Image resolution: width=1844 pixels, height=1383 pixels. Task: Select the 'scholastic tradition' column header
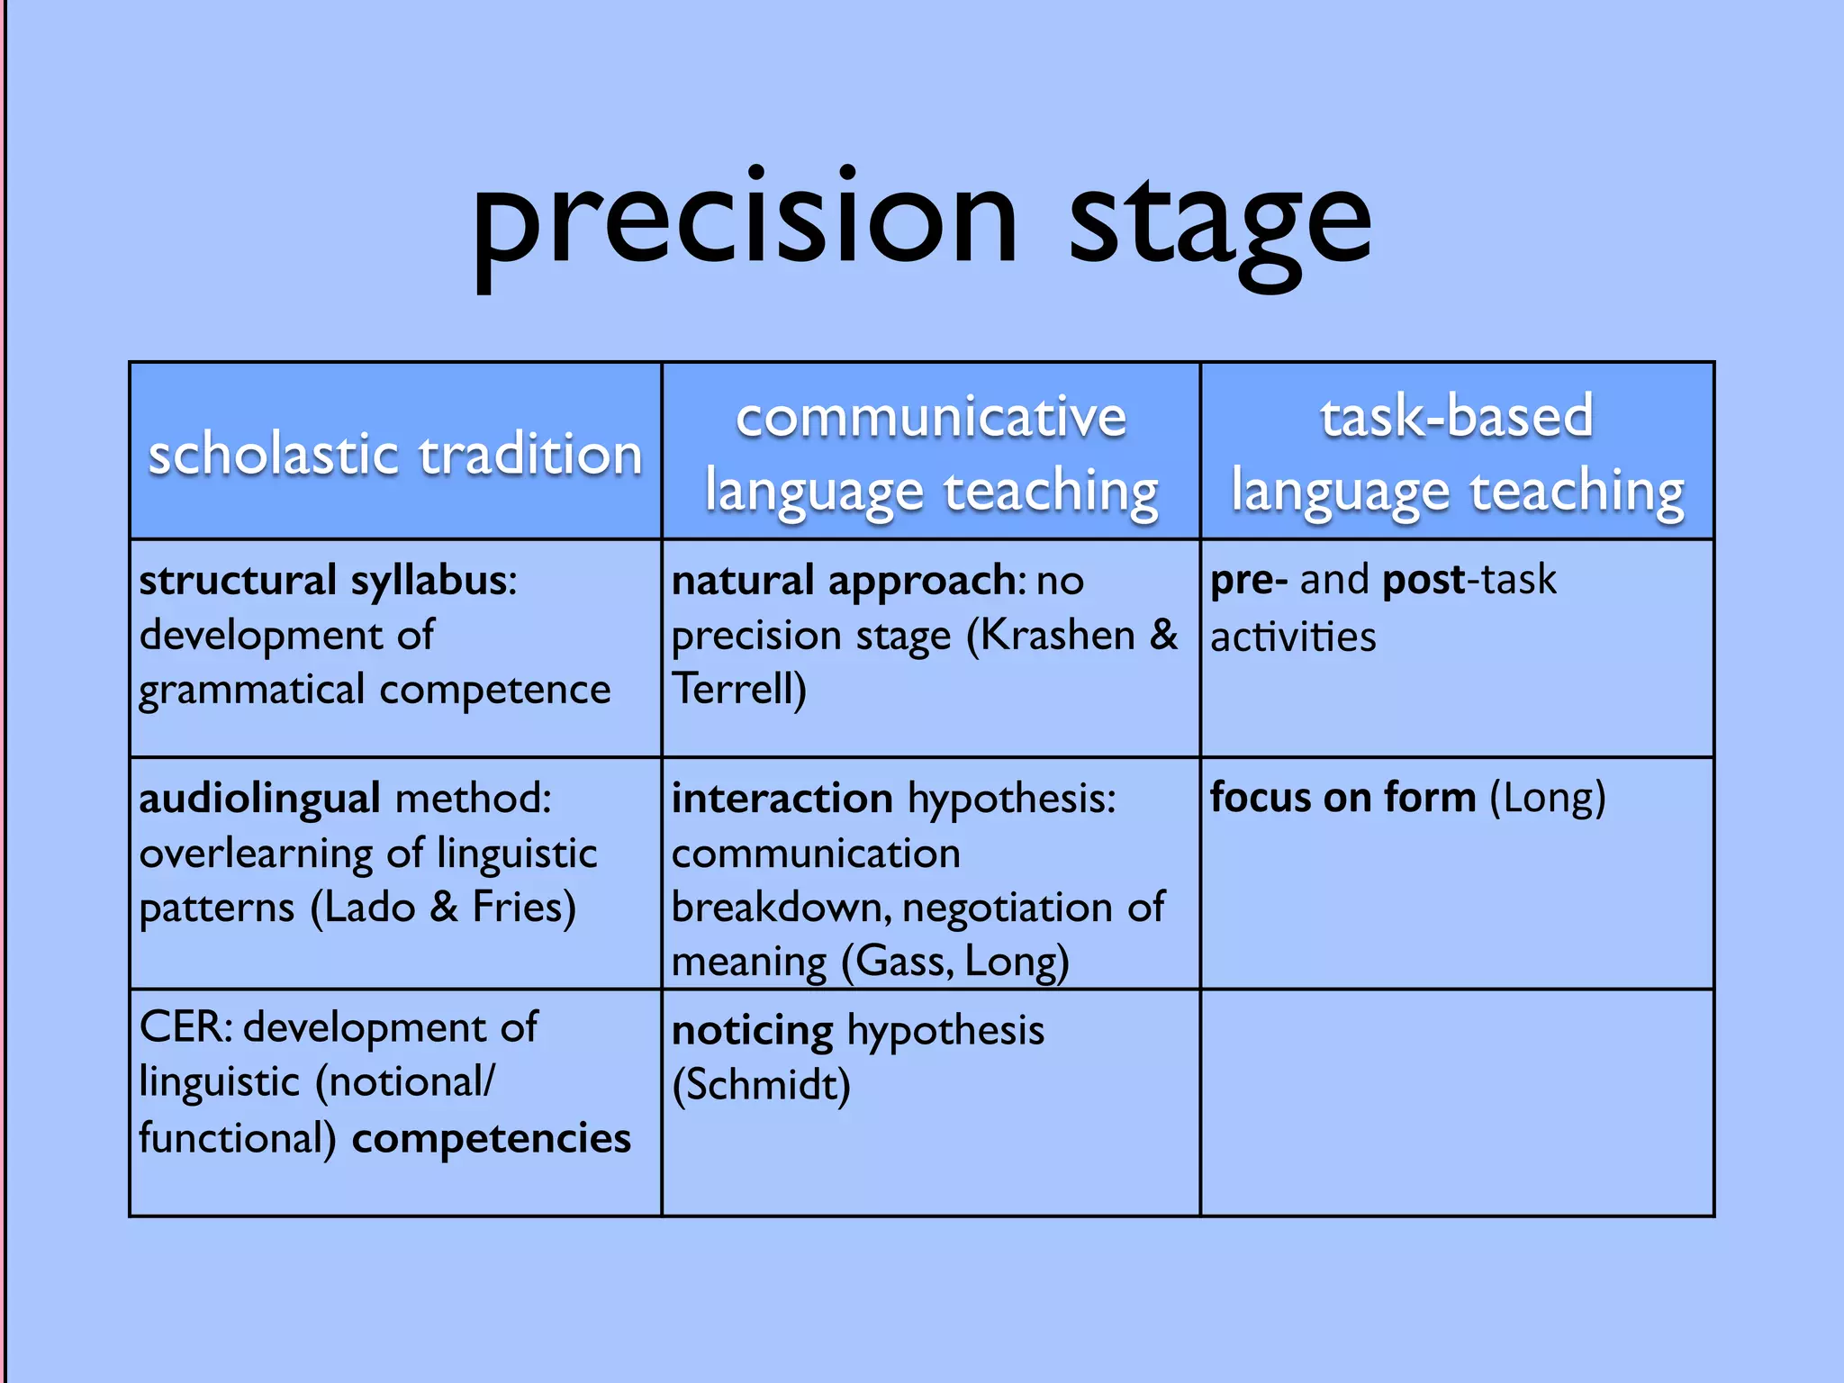point(395,454)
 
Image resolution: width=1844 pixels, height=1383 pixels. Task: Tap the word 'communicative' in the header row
point(931,417)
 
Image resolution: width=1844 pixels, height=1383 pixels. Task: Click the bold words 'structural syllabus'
point(322,581)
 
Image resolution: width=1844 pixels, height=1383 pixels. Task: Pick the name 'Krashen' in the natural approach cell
point(1057,636)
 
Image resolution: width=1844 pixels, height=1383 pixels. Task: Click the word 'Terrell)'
point(739,690)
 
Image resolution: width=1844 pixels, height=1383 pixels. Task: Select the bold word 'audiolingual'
point(260,800)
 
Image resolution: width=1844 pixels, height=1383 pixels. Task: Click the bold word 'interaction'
point(782,800)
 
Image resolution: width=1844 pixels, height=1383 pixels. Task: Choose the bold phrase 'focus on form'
point(1342,798)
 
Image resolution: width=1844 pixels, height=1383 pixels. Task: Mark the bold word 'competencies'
point(492,1138)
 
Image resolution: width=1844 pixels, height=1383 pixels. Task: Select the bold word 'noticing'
point(753,1031)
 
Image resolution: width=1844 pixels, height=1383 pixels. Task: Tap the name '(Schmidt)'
point(762,1085)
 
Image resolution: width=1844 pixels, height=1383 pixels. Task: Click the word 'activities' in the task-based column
point(1293,637)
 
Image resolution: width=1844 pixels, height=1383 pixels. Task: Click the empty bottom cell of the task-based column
point(1457,1103)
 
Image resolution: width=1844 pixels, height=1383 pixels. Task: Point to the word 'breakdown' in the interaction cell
point(780,908)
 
